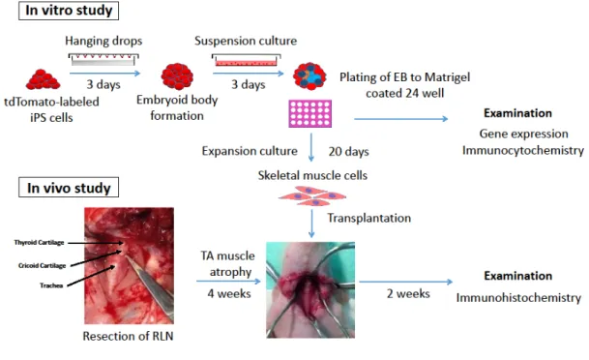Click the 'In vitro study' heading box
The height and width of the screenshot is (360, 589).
click(69, 11)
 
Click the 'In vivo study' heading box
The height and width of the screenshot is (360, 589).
click(69, 188)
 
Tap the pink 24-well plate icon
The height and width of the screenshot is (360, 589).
click(310, 113)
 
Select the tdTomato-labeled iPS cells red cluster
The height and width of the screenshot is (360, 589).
click(43, 79)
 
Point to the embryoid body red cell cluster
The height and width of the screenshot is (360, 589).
click(177, 76)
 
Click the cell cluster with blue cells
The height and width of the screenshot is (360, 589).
click(309, 75)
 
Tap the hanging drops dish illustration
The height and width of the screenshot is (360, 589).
click(103, 59)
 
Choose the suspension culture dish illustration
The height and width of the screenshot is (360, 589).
click(247, 60)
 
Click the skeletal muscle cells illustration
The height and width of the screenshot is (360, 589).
click(312, 196)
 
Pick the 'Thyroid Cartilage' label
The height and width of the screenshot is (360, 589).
click(39, 242)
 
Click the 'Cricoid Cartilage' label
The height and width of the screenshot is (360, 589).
click(43, 266)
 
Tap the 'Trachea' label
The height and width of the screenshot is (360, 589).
click(51, 285)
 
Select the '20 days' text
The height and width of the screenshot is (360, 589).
click(348, 151)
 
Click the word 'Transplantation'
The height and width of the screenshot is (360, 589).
click(368, 218)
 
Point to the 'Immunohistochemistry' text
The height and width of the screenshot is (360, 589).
click(518, 298)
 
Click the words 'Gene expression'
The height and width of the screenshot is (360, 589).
click(523, 134)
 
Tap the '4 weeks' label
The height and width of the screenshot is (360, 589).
click(229, 293)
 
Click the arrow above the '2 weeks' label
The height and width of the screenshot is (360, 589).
click(406, 282)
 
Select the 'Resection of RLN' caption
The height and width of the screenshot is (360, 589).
click(128, 336)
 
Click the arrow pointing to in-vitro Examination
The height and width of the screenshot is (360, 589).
click(401, 119)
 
